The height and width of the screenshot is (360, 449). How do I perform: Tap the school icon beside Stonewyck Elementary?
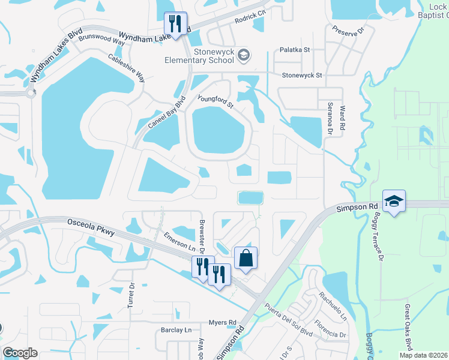pos(244,56)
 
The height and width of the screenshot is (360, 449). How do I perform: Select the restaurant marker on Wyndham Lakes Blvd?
pos(176,24)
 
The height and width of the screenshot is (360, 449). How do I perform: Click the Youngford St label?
pos(215,100)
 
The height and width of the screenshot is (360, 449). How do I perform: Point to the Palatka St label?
pos(294,50)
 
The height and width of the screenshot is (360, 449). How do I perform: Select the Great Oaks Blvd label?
pos(408,326)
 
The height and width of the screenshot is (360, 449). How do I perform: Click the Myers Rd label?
pos(222,322)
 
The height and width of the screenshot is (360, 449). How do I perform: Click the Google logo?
pos(20,353)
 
